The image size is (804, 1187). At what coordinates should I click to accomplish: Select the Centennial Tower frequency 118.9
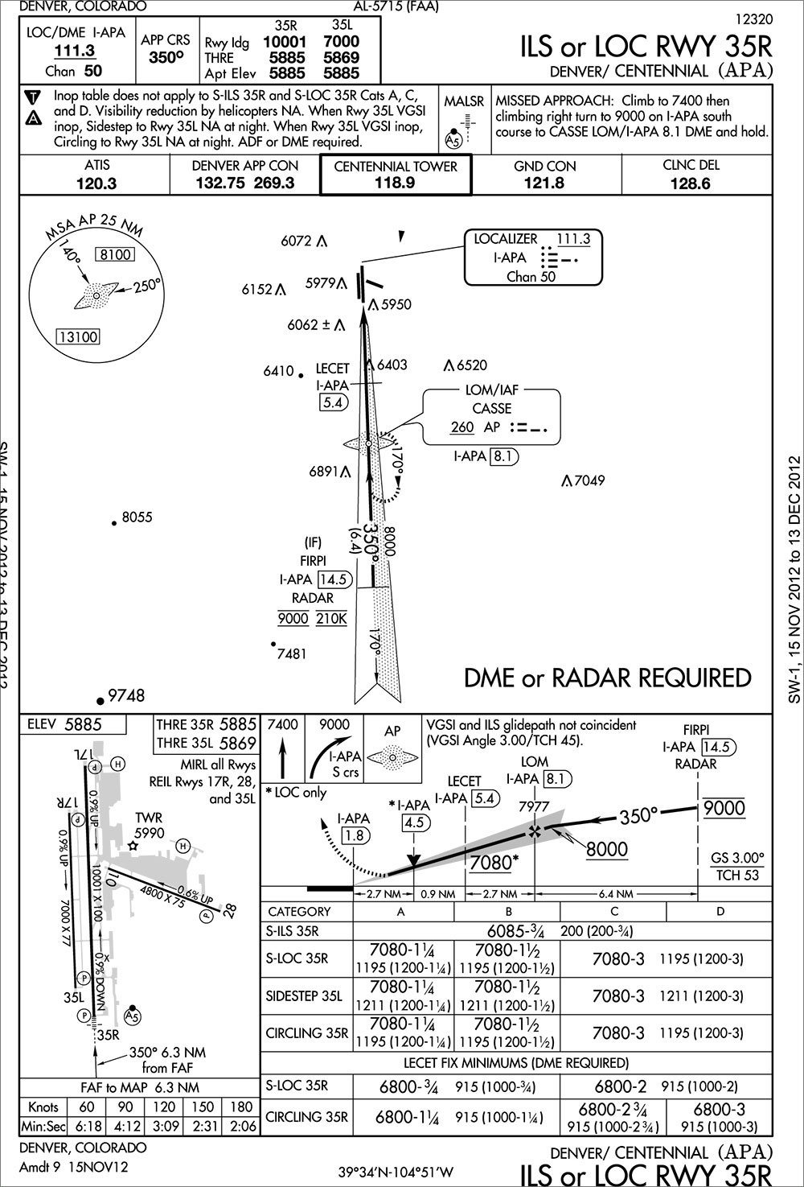coord(395,183)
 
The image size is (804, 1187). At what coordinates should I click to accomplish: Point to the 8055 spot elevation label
coord(137,517)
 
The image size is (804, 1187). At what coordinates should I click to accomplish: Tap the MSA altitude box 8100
coord(113,255)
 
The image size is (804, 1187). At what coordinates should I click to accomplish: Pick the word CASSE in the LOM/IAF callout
coord(491,409)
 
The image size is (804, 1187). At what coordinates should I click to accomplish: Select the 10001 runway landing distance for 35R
coord(285,42)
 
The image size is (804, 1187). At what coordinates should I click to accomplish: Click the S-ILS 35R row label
coord(293,932)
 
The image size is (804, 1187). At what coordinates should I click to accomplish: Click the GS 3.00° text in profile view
coord(737,857)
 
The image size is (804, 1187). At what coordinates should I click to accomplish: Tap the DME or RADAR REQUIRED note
coord(608,678)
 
